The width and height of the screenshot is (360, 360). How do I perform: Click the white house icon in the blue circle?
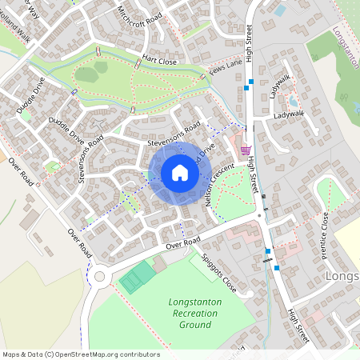(x=180, y=172)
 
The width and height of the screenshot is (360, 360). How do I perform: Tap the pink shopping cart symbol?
(x=246, y=149)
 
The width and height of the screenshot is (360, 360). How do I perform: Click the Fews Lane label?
(x=226, y=71)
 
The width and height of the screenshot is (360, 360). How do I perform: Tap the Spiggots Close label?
(x=218, y=272)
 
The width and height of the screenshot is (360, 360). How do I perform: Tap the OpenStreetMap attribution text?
(x=80, y=354)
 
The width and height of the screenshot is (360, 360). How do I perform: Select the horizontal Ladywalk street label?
(x=290, y=115)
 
